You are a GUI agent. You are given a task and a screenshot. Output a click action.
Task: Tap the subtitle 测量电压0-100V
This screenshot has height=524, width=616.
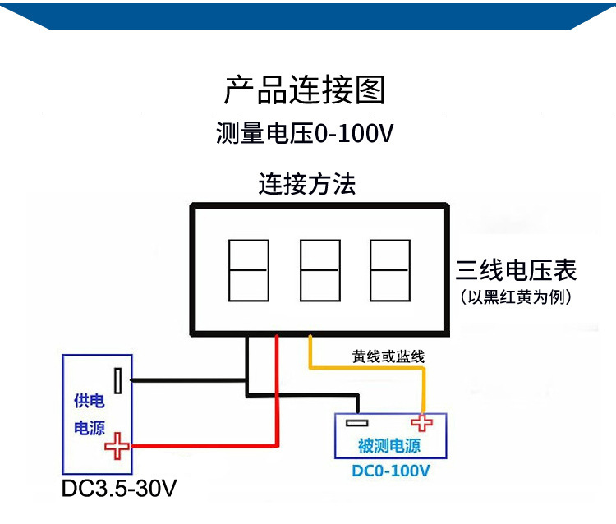click(x=304, y=133)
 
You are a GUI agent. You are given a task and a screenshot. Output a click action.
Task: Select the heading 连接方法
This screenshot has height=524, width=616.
click(x=307, y=183)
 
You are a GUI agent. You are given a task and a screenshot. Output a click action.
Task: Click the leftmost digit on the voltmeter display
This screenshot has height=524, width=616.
click(x=248, y=270)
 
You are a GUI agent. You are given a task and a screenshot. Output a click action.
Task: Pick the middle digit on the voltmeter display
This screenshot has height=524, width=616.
click(x=319, y=270)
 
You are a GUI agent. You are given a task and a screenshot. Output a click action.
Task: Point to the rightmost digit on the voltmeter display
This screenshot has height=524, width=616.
click(x=390, y=270)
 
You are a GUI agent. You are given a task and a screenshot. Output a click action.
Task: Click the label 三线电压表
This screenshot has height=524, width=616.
click(x=517, y=270)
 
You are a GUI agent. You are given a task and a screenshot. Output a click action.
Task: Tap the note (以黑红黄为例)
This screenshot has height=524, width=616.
click(x=517, y=296)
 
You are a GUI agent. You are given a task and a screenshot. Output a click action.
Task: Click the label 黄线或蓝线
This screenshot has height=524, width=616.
click(x=388, y=357)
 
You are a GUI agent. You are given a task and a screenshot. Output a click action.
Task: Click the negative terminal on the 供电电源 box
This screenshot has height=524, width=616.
click(x=120, y=380)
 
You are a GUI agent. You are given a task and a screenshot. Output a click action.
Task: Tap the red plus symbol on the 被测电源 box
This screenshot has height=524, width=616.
click(x=423, y=423)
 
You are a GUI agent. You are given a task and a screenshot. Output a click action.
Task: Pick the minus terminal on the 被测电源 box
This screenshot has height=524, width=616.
click(x=356, y=423)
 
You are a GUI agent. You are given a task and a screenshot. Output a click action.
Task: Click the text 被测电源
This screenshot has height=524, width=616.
click(x=389, y=447)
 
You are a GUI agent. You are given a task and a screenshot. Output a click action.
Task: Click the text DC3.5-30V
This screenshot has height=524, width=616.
click(x=119, y=489)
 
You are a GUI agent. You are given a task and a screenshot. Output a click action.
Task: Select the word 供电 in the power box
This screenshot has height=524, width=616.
click(x=90, y=402)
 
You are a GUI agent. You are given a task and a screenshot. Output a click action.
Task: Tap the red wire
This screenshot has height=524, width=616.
click(x=277, y=394)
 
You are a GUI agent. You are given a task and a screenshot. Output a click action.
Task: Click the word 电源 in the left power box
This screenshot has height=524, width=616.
click(x=90, y=428)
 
